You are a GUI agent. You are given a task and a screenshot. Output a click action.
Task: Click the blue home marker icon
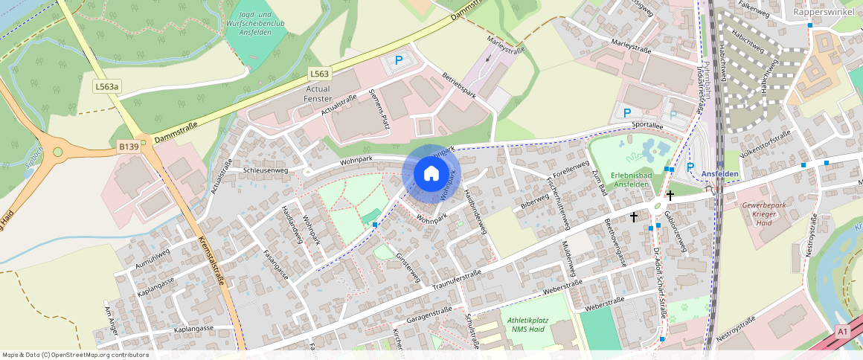(431, 174)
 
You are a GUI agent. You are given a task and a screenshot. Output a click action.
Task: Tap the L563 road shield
(319, 74)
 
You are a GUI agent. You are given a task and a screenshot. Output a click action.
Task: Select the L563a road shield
(106, 87)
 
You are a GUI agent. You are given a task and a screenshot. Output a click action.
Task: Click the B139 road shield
(129, 147)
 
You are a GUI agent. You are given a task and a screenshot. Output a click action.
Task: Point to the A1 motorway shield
(842, 331)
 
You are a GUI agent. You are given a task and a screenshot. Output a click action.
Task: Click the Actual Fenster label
(318, 94)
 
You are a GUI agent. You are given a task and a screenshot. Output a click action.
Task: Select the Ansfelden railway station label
(719, 174)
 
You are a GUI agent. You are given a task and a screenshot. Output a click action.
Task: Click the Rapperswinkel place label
(825, 12)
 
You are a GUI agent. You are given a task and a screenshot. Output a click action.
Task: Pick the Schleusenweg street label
(266, 170)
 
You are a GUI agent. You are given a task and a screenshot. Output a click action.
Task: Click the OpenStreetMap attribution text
(74, 355)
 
